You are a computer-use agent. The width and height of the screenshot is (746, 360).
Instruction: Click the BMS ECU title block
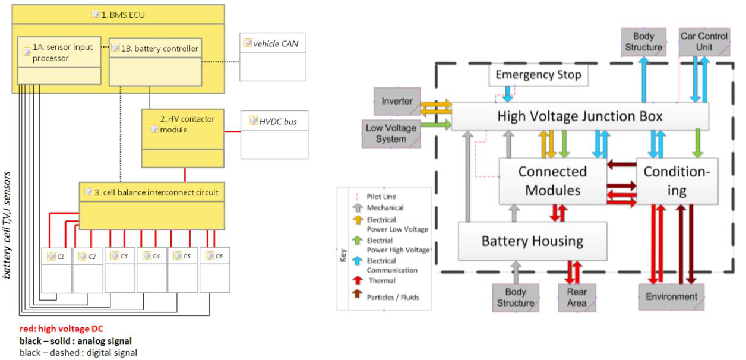118,14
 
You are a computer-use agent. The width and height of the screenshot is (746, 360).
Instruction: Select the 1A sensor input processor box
59,58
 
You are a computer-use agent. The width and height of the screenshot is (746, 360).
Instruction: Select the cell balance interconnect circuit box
152,205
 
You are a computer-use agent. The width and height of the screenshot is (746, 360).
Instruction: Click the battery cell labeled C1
56,270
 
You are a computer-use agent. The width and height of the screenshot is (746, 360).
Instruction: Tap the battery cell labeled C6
214,270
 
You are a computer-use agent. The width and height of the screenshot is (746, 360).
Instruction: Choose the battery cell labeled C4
151,270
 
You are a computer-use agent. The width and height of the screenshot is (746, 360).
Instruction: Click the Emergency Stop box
538,75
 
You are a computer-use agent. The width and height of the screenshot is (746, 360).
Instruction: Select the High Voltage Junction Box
580,116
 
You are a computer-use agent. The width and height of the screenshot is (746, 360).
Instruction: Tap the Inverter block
397,102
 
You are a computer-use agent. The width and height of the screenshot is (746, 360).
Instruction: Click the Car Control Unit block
704,42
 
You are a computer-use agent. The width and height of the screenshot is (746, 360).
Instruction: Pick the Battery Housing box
532,241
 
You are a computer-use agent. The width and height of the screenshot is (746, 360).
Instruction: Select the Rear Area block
576,298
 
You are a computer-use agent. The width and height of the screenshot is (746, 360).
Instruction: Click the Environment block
671,297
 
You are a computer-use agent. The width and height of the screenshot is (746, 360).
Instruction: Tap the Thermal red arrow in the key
358,280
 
